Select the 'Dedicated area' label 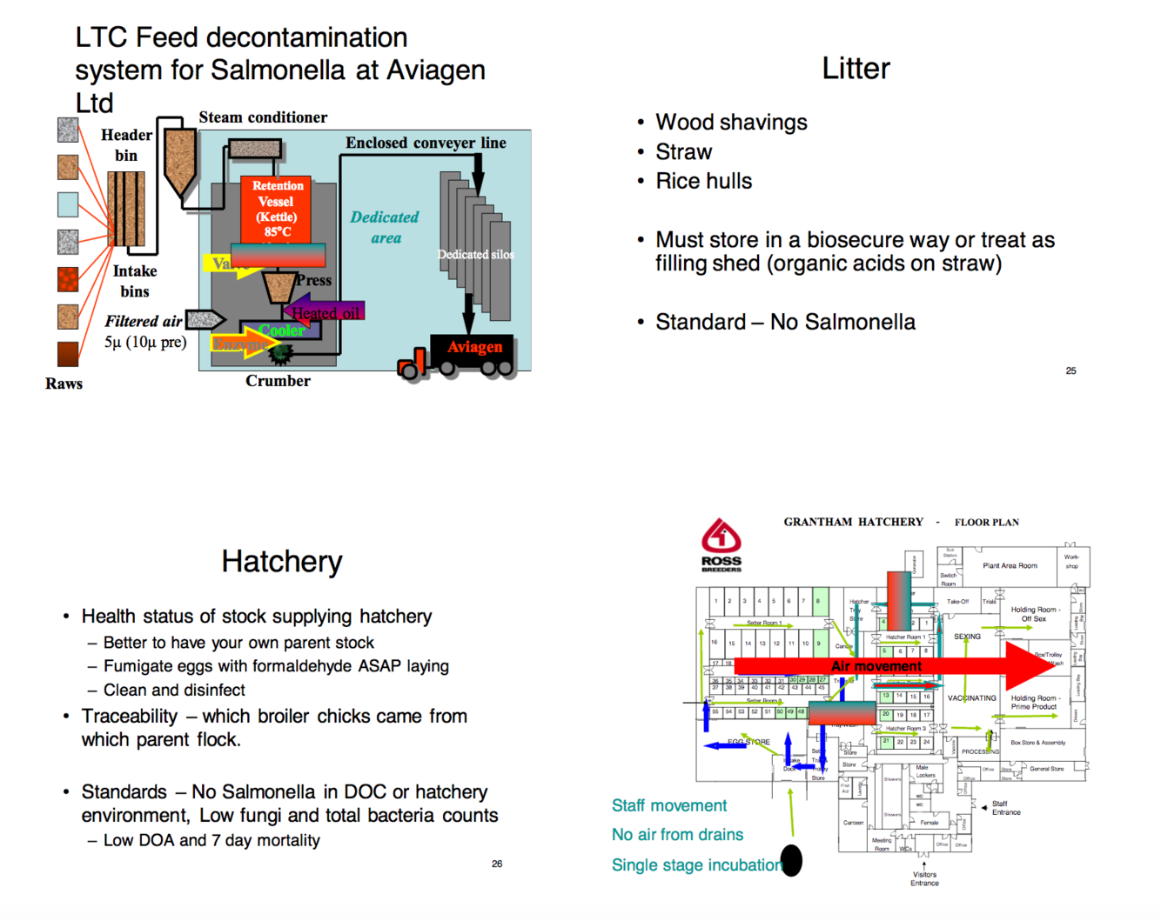click(x=384, y=227)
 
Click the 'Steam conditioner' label click(x=263, y=117)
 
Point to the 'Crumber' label click(x=278, y=381)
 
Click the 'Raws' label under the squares click(x=64, y=384)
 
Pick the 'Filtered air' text click(x=144, y=321)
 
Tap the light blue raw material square click(x=68, y=204)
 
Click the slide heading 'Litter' click(x=856, y=69)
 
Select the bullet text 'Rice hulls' click(x=703, y=181)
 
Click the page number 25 click(x=1070, y=370)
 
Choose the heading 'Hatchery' click(x=282, y=562)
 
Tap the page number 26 click(x=497, y=864)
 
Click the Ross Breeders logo click(x=721, y=544)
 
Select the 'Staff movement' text click(x=668, y=805)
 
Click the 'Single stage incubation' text click(x=696, y=864)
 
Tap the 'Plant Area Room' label click(x=1010, y=565)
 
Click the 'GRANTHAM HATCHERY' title click(x=853, y=522)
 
